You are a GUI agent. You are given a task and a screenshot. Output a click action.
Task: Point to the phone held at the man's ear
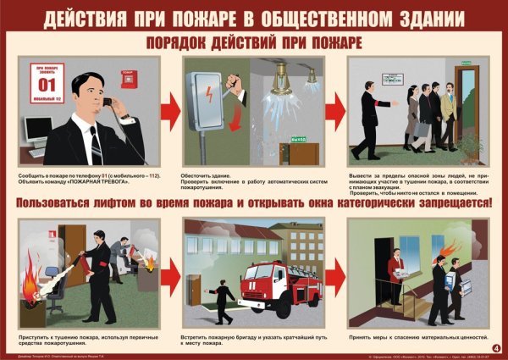tap(107, 102)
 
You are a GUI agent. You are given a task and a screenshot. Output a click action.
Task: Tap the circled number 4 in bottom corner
tap(495, 346)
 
